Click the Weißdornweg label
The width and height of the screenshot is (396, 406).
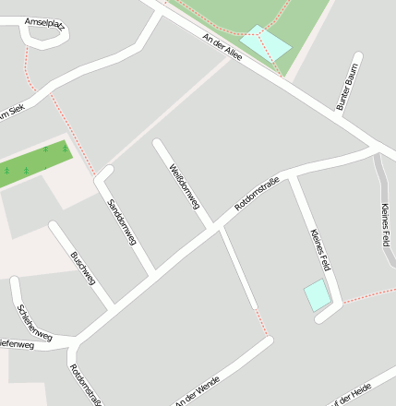point(185,185)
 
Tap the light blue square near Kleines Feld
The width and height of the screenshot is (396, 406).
point(317,295)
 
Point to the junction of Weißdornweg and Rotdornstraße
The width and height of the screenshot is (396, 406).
point(217,226)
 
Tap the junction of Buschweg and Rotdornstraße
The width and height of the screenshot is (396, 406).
point(113,305)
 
